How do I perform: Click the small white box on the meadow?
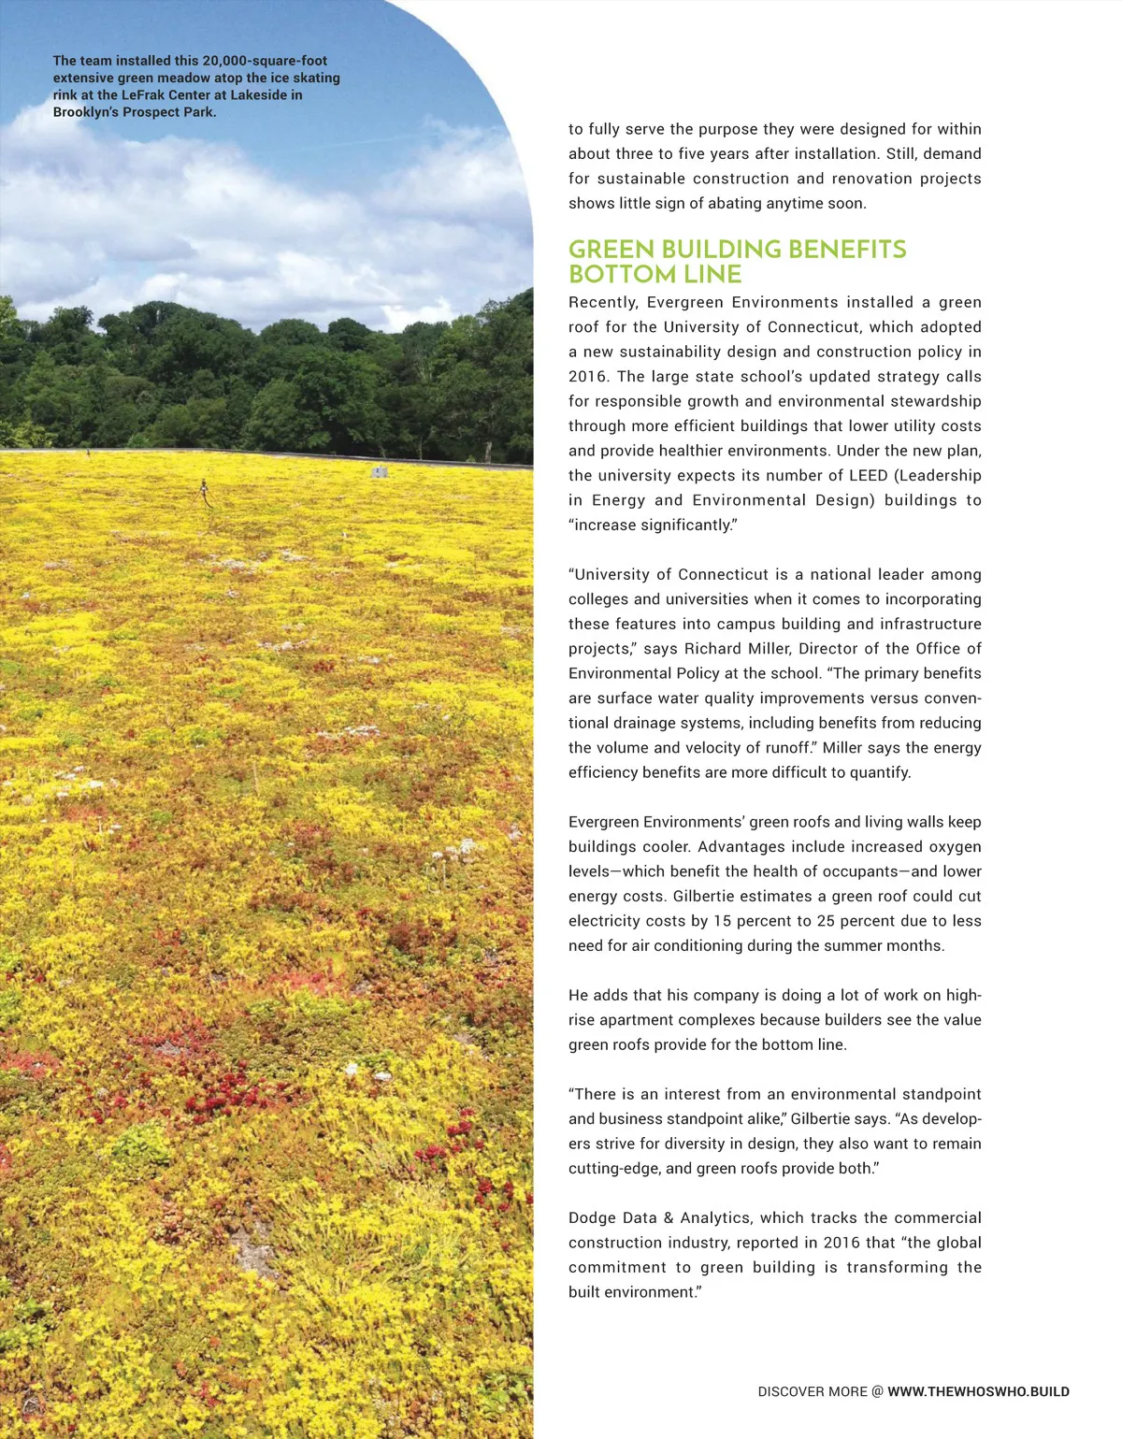pos(379,472)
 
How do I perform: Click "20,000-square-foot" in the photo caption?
pos(265,61)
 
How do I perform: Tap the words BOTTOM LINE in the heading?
pos(654,274)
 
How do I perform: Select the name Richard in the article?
pos(713,648)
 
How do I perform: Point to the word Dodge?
pos(592,1217)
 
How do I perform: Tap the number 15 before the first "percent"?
pos(722,920)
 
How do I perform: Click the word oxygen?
pos(955,846)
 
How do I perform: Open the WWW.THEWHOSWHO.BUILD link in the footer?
pos(978,1391)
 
